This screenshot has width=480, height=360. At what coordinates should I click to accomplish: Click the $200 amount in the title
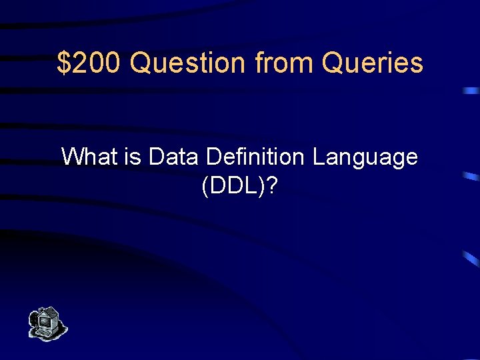[90, 63]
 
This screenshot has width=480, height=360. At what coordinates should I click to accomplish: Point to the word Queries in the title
[372, 63]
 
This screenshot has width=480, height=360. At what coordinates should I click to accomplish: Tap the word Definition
[256, 157]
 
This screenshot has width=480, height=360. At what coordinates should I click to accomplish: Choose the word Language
[365, 158]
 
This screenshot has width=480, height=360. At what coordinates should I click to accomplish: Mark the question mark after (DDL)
[273, 187]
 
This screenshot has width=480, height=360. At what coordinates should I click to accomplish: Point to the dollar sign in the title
[63, 63]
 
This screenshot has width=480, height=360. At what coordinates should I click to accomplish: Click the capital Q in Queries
[331, 63]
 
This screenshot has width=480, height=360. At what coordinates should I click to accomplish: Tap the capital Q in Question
[140, 63]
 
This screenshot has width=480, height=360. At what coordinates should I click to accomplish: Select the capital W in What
[72, 157]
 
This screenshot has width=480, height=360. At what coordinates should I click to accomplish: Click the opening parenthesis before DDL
[204, 187]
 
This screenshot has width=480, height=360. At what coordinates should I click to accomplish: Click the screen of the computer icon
[45, 321]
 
